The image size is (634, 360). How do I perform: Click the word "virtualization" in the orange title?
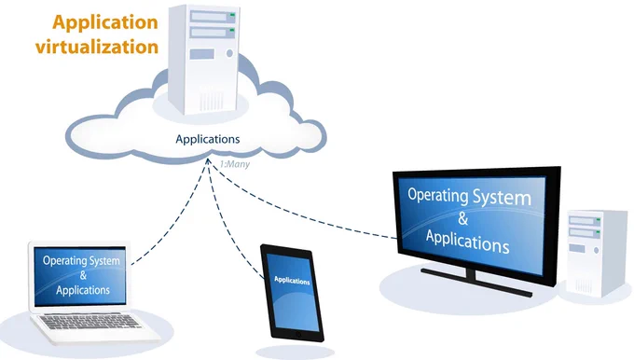97,47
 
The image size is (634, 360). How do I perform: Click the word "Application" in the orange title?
105,22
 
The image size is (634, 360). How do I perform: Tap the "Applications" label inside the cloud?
207,140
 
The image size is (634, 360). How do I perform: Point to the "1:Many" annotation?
235,164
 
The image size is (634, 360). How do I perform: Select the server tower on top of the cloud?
204,59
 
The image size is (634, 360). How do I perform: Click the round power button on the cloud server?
229,53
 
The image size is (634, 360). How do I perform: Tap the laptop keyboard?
91,322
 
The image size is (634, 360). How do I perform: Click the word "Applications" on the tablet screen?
292,281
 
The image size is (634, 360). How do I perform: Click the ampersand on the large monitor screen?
463,218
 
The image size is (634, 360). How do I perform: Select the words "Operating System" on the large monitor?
469,197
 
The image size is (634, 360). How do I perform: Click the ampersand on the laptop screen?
83,275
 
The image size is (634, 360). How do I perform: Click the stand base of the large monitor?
476,282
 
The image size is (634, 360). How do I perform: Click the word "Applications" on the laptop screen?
83,290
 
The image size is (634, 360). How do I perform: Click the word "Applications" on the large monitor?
467,241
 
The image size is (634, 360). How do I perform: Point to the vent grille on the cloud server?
211,101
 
